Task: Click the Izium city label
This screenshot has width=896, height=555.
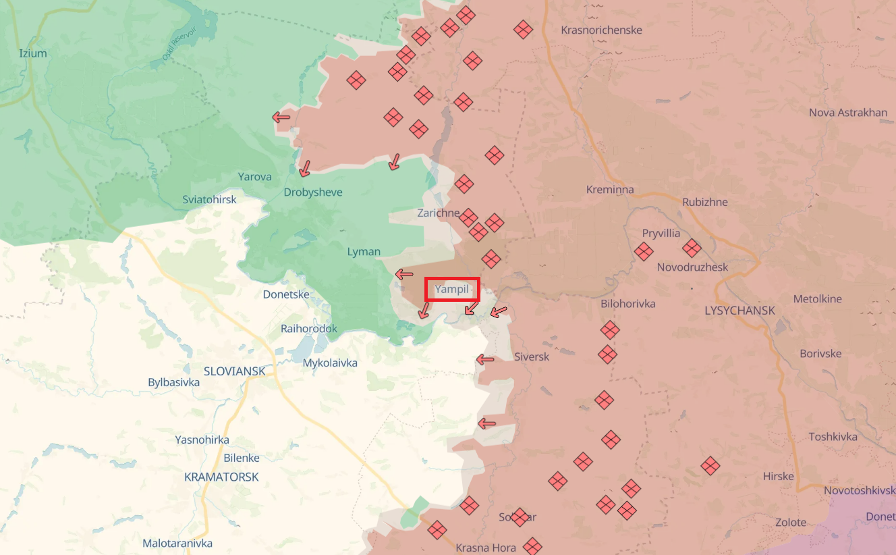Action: click(x=33, y=53)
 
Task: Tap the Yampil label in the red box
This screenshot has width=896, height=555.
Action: click(x=452, y=290)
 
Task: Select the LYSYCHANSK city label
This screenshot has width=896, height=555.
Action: click(x=739, y=311)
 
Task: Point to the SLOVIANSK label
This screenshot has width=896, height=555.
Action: click(x=234, y=371)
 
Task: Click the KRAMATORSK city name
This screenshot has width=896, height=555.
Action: click(x=221, y=477)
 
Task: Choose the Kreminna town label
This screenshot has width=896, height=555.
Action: click(x=610, y=190)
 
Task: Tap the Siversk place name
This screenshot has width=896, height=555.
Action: click(x=532, y=356)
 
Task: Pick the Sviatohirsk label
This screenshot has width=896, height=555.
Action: click(x=210, y=199)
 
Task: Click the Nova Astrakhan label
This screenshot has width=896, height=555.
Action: click(x=848, y=112)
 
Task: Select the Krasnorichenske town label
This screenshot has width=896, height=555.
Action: click(x=601, y=30)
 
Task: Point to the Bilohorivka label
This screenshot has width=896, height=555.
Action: click(x=628, y=304)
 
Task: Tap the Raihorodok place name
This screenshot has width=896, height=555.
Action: click(x=309, y=329)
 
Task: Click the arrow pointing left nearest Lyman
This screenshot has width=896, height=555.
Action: click(x=404, y=274)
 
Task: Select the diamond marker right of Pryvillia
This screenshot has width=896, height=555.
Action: click(x=692, y=248)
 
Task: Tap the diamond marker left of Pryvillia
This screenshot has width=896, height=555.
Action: click(x=644, y=252)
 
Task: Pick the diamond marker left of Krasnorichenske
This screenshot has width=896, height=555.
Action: click(x=523, y=29)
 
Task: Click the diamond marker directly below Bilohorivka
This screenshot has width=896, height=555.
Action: click(x=610, y=330)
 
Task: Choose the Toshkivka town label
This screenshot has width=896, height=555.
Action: click(x=833, y=437)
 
